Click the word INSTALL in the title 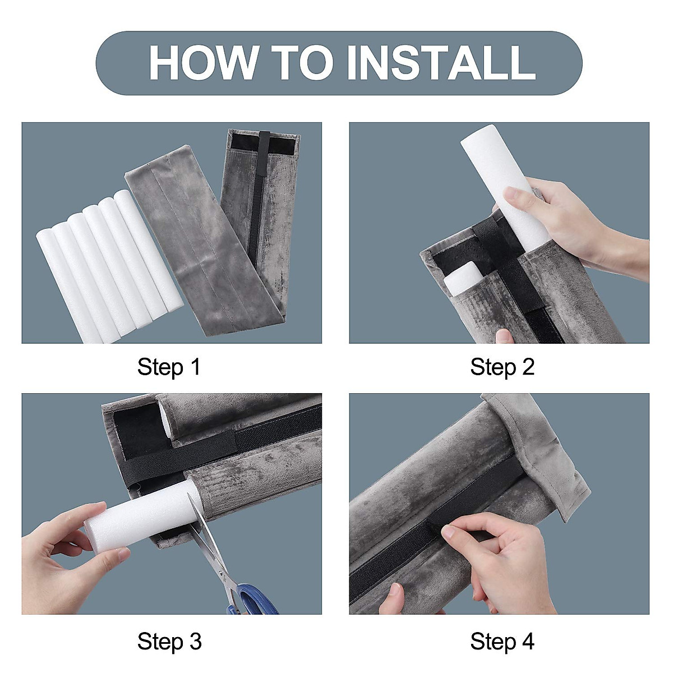pos(441,62)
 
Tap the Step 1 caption pos(169,367)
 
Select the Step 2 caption pos(502,367)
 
